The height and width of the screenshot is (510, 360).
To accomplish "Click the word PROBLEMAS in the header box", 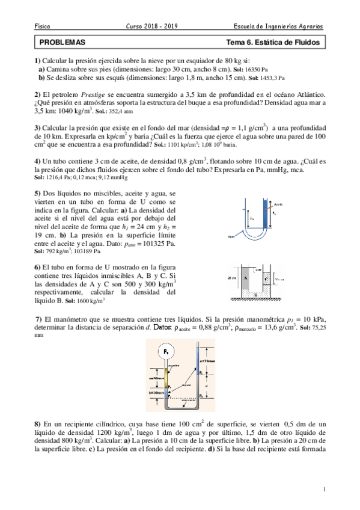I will click(62, 43).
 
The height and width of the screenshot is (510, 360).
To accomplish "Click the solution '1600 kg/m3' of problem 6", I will click(90, 300).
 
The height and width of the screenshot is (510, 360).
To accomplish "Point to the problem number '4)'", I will click(38, 162).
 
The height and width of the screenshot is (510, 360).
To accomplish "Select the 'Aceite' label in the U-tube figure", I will click(278, 204).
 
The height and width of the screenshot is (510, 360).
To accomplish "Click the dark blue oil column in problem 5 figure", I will click(266, 220).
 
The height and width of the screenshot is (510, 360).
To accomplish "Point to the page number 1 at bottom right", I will click(325, 490).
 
